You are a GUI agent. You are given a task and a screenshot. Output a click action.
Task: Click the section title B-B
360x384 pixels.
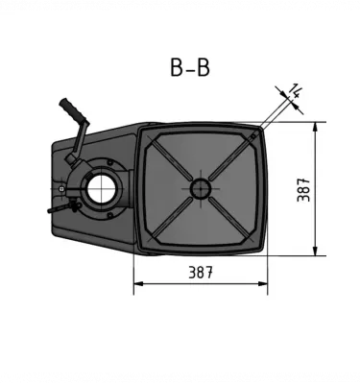(x=189, y=68)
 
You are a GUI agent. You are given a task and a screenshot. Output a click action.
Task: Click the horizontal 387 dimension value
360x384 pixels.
(x=200, y=273)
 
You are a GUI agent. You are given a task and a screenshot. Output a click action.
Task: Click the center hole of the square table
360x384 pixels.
(x=200, y=188)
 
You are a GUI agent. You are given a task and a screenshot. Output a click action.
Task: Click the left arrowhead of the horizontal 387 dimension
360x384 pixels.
(x=137, y=283)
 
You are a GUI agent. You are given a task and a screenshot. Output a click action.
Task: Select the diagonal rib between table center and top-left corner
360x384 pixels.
(x=169, y=157)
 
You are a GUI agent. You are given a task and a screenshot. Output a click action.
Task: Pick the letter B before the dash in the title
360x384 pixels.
(x=177, y=68)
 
